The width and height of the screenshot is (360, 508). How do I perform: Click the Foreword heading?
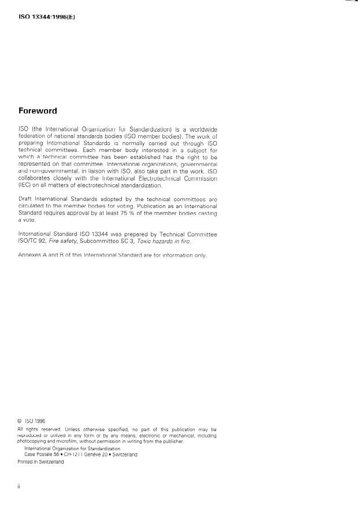(x=38, y=111)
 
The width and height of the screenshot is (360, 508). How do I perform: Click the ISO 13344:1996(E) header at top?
(x=47, y=17)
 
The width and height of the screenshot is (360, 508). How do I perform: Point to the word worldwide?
(x=202, y=128)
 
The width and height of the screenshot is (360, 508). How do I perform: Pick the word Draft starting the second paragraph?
(x=26, y=198)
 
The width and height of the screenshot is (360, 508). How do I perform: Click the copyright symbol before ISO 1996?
(x=20, y=421)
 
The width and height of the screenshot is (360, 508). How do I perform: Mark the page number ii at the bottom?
(x=19, y=486)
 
